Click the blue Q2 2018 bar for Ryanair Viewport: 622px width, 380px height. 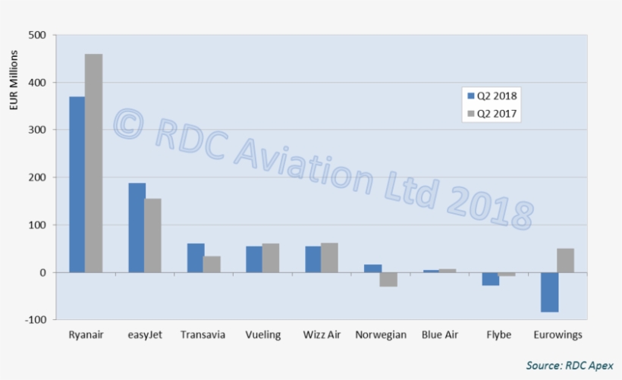(77, 184)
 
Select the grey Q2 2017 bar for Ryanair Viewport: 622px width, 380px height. (93, 163)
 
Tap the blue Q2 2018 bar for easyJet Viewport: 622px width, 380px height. (136, 228)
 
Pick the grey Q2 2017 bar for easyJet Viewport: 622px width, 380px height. (152, 235)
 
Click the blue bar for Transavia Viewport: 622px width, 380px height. (195, 258)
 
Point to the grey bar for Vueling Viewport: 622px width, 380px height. (271, 258)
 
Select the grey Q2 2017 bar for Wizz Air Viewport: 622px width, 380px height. (329, 258)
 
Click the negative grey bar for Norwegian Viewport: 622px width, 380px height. (388, 279)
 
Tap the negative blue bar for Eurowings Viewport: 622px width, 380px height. (549, 292)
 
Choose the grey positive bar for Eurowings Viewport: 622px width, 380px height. (566, 260)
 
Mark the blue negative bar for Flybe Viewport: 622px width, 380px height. (490, 278)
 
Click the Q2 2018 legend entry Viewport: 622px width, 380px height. (492, 96)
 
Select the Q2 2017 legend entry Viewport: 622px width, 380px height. (492, 114)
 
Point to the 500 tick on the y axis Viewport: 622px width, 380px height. (36, 35)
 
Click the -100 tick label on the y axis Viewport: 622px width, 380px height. (35, 320)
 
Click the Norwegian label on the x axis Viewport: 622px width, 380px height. (381, 334)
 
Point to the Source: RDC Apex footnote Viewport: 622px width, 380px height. (569, 366)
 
